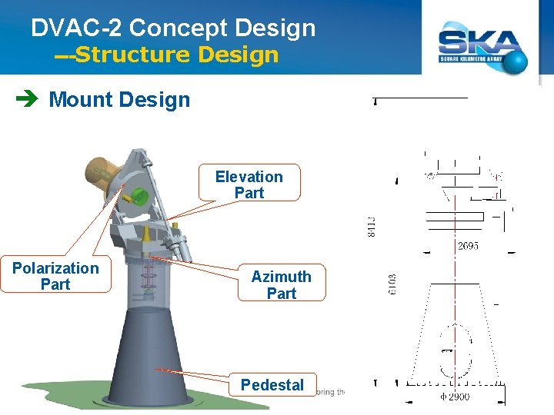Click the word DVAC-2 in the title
[x=77, y=28]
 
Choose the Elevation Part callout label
[x=249, y=184]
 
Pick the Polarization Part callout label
[x=55, y=276]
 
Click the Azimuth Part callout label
[x=281, y=284]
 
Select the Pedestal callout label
[x=272, y=384]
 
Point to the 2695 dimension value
[x=468, y=247]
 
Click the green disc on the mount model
[x=139, y=193]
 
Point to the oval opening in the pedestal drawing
[x=455, y=351]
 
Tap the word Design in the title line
[x=275, y=28]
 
